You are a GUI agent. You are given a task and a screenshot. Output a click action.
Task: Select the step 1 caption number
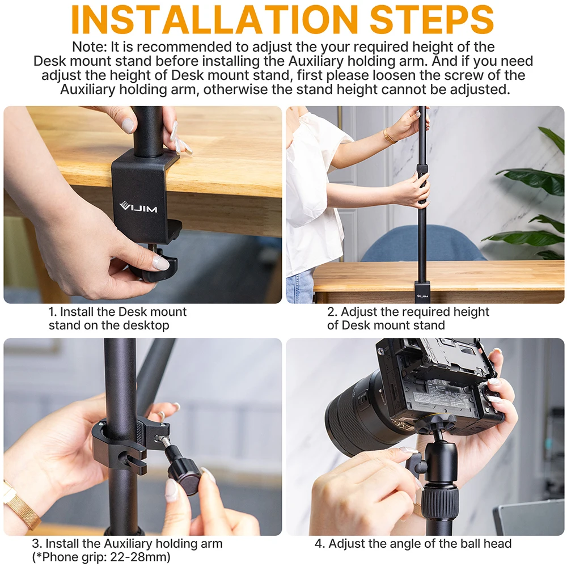(x=52, y=312)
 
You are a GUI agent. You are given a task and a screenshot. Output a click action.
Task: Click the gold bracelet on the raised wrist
(x=390, y=136)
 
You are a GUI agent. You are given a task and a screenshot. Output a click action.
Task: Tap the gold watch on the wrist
(x=20, y=502)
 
